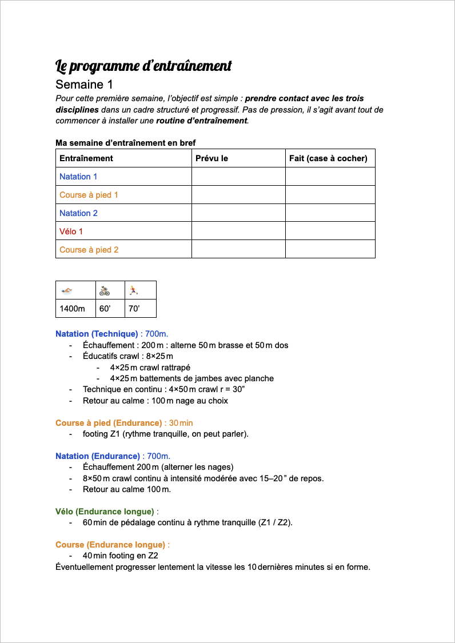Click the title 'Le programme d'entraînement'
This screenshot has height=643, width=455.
tap(143, 66)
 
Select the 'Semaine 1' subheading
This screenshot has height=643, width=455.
tap(84, 85)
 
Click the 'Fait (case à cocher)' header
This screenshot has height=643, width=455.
tap(328, 158)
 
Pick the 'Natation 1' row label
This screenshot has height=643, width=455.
tap(78, 177)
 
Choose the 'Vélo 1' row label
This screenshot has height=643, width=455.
tap(71, 231)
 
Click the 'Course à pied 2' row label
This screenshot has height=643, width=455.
tap(89, 250)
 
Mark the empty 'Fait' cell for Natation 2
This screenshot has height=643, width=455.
tap(330, 213)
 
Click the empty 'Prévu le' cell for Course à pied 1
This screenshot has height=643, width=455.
tap(238, 195)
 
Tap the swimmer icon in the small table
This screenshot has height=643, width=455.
tap(67, 290)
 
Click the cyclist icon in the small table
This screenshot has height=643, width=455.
tap(104, 290)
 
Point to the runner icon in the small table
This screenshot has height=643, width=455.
tap(133, 290)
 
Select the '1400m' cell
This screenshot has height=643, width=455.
tap(72, 309)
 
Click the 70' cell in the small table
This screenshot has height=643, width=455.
tap(134, 309)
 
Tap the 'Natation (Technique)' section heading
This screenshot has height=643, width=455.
tap(97, 334)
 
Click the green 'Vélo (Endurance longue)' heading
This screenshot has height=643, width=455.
tap(105, 512)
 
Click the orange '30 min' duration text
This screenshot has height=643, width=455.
tap(181, 423)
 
